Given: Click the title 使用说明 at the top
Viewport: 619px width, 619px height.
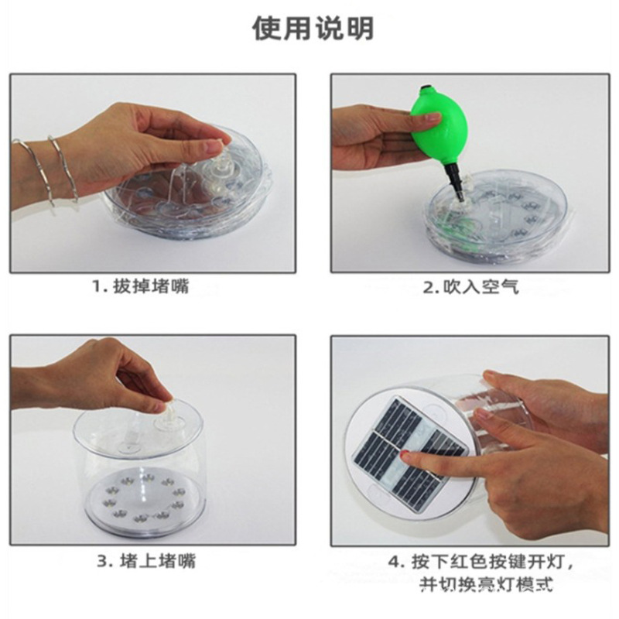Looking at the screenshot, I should click(313, 28).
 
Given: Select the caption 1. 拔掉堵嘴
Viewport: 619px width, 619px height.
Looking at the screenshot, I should click(140, 286).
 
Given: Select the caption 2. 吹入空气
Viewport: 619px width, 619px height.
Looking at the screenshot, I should click(470, 287).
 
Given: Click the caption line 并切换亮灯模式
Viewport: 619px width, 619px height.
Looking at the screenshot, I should click(486, 585).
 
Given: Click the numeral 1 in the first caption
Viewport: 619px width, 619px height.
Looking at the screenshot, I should click(97, 287).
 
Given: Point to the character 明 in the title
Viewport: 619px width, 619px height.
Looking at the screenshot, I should click(358, 28).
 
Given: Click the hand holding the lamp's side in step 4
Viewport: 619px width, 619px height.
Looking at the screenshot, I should click(542, 402).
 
